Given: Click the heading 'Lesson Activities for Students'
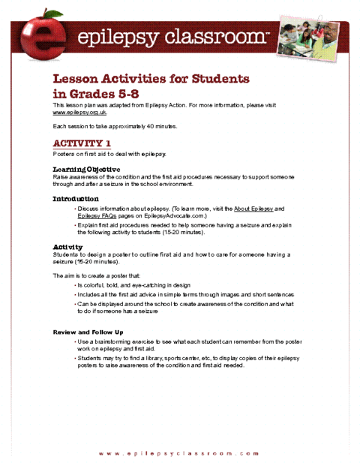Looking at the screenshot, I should (150, 79).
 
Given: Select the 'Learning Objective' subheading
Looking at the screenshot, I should (86, 170).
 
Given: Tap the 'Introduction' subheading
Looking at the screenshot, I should (75, 199).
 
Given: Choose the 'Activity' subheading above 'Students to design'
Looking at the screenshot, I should (67, 247).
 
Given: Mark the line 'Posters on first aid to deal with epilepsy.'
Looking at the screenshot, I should (109, 154).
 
